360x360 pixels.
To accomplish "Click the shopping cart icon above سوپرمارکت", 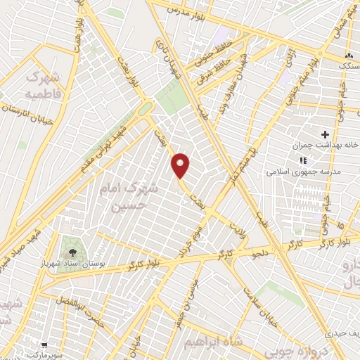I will pos(44,345).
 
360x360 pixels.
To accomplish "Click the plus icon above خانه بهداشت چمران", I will pos(325,134).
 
